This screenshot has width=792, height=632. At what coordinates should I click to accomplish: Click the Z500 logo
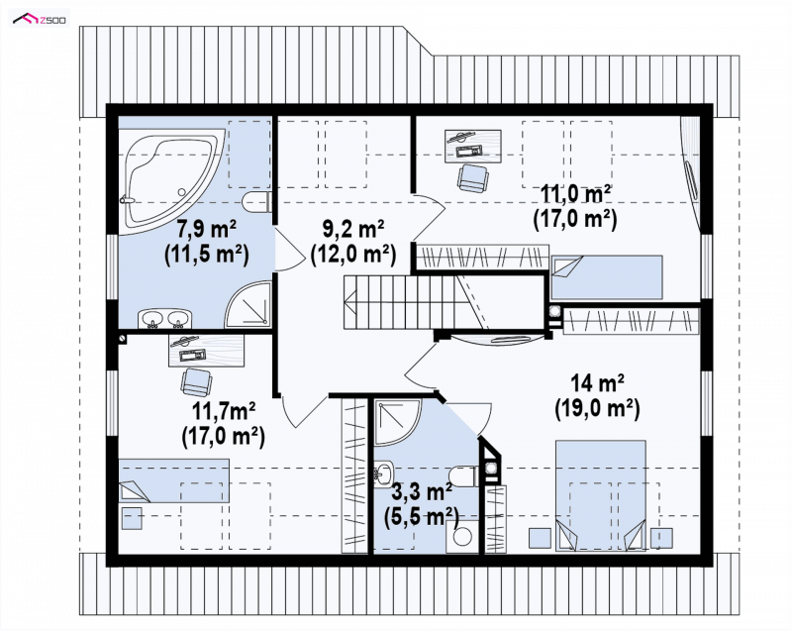click(40, 19)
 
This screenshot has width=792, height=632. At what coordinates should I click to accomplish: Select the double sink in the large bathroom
click(165, 319)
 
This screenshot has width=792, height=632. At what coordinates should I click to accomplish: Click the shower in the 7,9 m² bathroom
click(248, 303)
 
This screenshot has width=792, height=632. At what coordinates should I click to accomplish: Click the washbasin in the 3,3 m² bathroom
click(384, 474)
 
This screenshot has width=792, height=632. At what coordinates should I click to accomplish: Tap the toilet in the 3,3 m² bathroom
click(463, 476)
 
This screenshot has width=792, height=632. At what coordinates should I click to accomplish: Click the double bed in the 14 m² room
click(601, 495)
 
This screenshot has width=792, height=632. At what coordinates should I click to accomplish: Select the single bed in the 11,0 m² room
click(606, 277)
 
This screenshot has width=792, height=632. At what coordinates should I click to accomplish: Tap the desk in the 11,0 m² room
click(473, 147)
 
